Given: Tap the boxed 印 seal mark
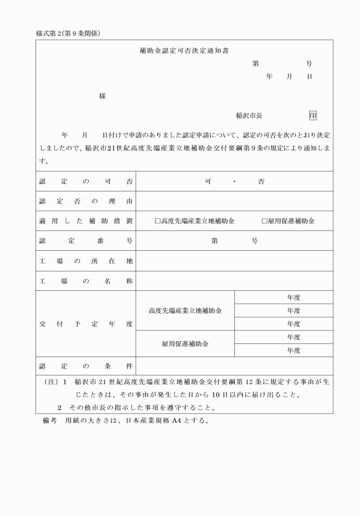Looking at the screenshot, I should [x=313, y=115].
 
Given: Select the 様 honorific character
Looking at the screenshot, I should [x=102, y=96].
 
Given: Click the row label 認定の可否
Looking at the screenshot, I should [x=86, y=182].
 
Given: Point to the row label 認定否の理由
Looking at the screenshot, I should [x=86, y=201].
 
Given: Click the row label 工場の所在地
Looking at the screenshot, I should [x=86, y=261].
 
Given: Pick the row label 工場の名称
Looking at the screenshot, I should [x=86, y=281].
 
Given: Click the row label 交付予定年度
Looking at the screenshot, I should [x=86, y=324].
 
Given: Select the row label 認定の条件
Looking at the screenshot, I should [x=86, y=366].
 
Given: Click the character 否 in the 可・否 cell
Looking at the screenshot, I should [x=261, y=182].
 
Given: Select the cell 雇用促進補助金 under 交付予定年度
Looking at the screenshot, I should [x=185, y=344].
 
